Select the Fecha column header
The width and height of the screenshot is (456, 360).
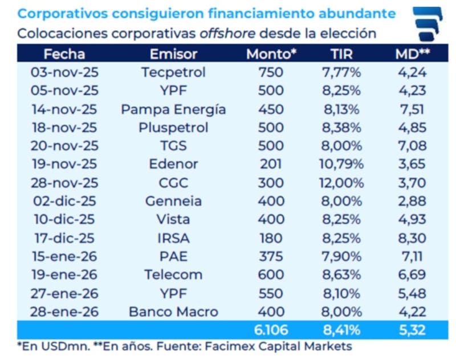pos(64,54)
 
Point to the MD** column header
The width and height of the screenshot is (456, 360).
pos(412,54)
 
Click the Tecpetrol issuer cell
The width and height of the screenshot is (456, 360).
pos(173,72)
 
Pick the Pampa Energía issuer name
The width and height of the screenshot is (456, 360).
pos(173,109)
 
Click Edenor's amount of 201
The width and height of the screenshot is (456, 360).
pos(271,164)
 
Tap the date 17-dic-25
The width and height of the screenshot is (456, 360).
pos(64,238)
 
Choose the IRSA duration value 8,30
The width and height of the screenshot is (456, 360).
pos(412,238)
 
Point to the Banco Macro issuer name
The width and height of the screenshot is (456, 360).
pos(173,312)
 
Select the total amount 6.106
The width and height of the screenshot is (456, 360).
pos(271,330)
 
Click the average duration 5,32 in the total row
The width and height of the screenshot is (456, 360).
pos(412,330)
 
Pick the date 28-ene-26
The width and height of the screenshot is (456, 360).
pos(64,312)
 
